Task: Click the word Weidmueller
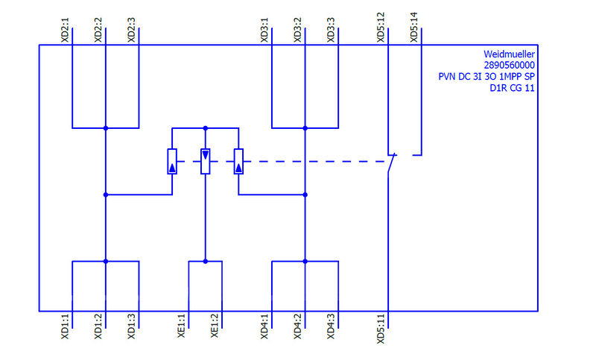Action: tap(509, 54)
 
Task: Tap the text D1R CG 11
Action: tap(513, 88)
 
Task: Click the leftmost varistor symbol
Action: tap(172, 161)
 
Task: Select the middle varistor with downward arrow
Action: tap(206, 161)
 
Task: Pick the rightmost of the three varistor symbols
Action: tap(238, 161)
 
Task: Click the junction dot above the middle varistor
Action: tap(206, 128)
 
